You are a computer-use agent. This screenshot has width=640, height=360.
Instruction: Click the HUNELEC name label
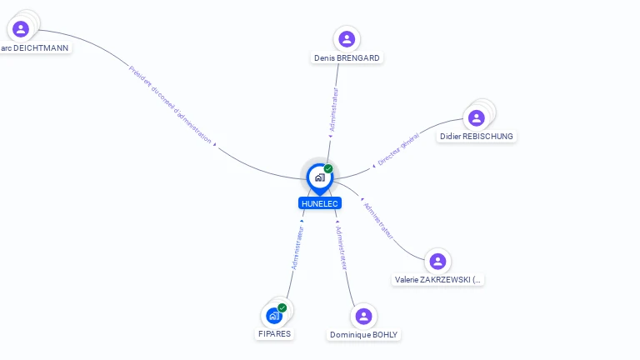[320, 203]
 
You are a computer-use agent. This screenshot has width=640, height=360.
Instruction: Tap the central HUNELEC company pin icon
[319, 177]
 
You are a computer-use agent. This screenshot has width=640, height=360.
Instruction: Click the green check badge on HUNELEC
[328, 168]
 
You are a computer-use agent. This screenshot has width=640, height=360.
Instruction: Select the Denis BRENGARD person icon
[347, 39]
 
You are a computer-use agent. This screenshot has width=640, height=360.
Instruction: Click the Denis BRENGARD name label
[347, 58]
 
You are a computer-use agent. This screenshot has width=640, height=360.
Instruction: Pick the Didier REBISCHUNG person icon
[476, 117]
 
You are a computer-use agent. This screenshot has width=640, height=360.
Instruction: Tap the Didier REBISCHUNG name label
[477, 137]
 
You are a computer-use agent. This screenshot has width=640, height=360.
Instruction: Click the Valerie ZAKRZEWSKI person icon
[437, 262]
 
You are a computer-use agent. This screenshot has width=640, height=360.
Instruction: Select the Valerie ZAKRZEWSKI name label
[438, 281]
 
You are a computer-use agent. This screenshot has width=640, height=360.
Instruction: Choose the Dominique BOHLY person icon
[363, 316]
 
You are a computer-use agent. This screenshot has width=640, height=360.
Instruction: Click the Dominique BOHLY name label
[364, 335]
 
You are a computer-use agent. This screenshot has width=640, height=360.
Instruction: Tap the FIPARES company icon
[273, 316]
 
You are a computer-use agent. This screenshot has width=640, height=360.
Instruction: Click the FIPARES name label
[274, 334]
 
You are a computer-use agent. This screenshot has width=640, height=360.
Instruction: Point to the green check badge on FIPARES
[282, 307]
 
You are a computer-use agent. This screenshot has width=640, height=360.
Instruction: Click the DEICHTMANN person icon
[21, 29]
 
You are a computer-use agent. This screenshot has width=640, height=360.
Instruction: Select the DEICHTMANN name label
[34, 48]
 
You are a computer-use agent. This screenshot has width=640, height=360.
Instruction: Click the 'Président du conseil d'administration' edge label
[170, 104]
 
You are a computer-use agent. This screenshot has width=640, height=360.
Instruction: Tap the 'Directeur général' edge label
[398, 152]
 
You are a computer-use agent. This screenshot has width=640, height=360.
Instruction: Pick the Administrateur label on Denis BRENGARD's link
[334, 108]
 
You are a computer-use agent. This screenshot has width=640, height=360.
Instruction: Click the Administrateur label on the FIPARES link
[297, 247]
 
